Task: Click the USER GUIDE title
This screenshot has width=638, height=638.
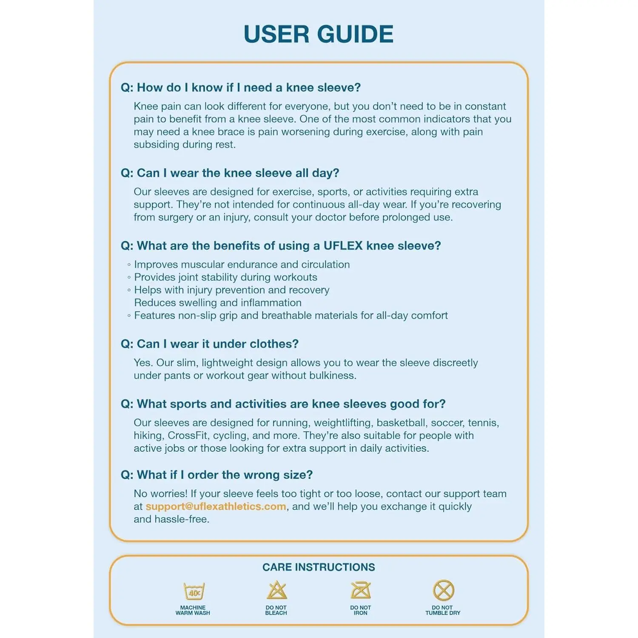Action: tap(319, 34)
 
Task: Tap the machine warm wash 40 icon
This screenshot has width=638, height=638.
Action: tap(194, 591)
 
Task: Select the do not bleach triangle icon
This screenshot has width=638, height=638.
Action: tap(277, 590)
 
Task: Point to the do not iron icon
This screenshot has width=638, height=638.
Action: tap(361, 590)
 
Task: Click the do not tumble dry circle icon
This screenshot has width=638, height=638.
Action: tap(443, 590)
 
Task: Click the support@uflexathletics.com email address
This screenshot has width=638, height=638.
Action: tap(216, 506)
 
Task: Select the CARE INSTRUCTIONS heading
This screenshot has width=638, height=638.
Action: tap(319, 567)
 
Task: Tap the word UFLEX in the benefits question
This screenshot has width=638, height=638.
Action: tap(343, 246)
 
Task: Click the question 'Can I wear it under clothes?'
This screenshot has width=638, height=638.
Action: tap(210, 344)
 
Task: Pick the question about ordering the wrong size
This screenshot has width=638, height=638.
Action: tap(217, 475)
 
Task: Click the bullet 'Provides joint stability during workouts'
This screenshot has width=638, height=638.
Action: tap(225, 277)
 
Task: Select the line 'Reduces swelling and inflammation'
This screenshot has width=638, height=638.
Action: tap(218, 303)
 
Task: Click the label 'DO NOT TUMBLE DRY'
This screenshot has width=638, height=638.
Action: tap(443, 610)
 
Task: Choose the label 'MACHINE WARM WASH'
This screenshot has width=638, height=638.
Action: tap(193, 610)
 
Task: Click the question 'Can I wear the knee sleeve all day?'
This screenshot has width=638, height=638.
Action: tap(230, 173)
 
